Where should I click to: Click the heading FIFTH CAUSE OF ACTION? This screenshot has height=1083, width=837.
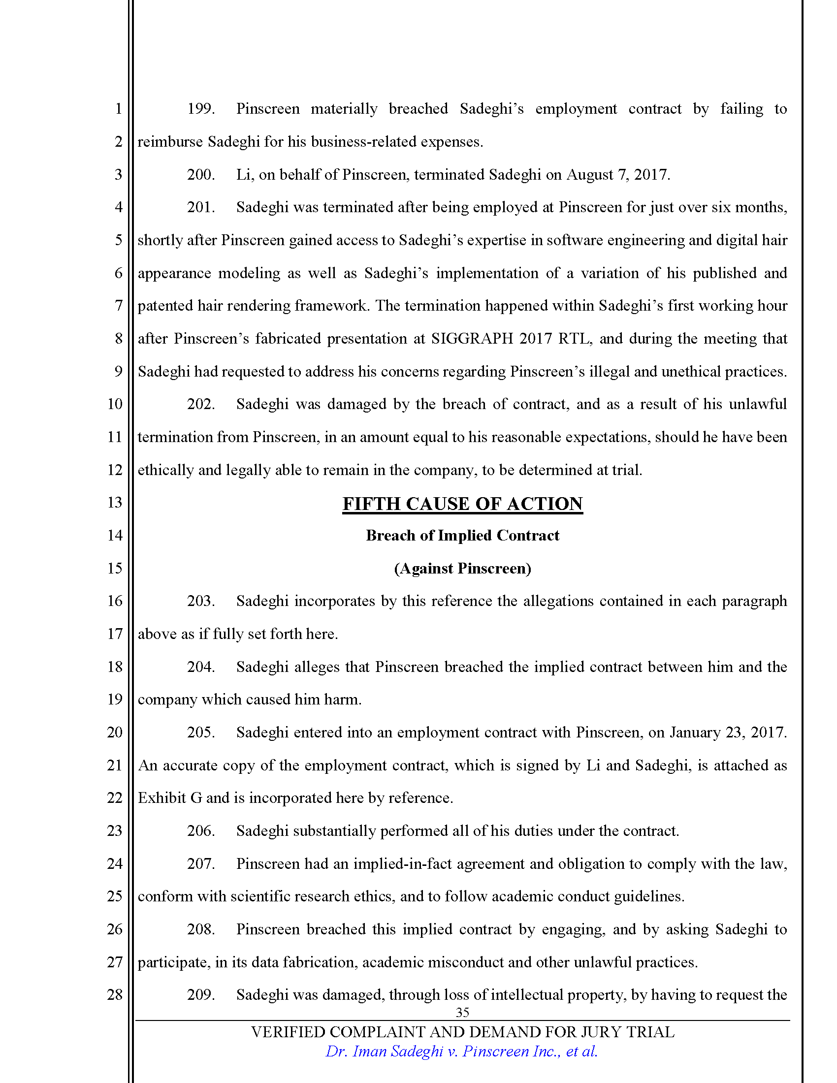[x=462, y=504]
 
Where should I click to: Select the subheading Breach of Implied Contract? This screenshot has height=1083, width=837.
[x=462, y=536]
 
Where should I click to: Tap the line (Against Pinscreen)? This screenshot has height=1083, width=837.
[x=462, y=568]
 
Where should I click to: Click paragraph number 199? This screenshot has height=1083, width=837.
[x=200, y=109]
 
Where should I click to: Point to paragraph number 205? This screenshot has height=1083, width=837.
[x=200, y=733]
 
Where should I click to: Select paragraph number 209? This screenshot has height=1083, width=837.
[x=200, y=995]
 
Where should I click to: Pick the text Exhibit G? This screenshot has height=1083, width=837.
[x=169, y=798]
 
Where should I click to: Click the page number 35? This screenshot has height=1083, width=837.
[x=462, y=1013]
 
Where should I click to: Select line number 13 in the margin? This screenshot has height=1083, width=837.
[x=115, y=503]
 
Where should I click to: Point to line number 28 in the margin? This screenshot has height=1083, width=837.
[x=115, y=995]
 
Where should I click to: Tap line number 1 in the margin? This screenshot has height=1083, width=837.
[x=118, y=109]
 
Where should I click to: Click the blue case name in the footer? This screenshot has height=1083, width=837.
[x=461, y=1051]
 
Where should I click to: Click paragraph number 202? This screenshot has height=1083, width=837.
[x=200, y=404]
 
